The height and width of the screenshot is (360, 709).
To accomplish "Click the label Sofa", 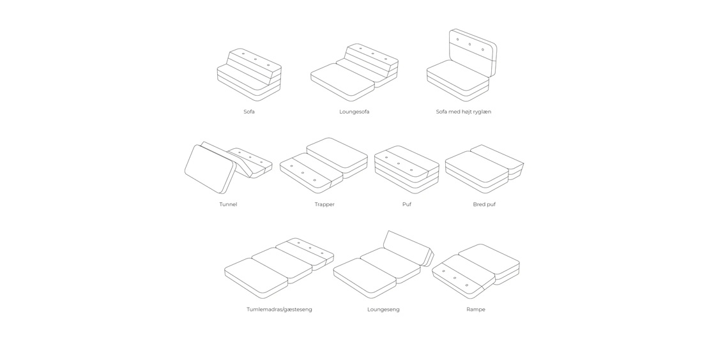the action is tap(248, 112).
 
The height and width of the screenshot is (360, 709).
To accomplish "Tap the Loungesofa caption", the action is tap(354, 112).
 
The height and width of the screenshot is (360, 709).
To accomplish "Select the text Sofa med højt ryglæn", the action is tap(464, 112).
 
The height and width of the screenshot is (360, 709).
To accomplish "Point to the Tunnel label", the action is tap(228, 204).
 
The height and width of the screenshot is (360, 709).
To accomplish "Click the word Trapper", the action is tap(324, 205).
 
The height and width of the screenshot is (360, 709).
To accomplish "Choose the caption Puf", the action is tap(407, 204).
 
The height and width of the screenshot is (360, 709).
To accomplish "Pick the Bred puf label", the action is tap(484, 205).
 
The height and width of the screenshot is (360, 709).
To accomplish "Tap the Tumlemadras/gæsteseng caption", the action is tap(279, 310).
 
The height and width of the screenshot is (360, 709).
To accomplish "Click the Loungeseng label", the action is tap(383, 310).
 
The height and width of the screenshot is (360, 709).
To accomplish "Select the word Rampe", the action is tap(476, 310).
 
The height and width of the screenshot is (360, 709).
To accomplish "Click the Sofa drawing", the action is tap(249, 75).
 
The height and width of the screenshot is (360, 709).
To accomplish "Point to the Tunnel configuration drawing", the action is tap(228, 168).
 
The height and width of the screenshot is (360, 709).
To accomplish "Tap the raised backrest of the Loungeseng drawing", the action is tap(407, 248).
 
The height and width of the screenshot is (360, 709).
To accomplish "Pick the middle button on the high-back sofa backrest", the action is tap(470, 44).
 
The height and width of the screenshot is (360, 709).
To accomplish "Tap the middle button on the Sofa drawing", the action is tap(255, 59).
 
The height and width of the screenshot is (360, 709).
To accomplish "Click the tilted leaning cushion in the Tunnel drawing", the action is tap(210, 169).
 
